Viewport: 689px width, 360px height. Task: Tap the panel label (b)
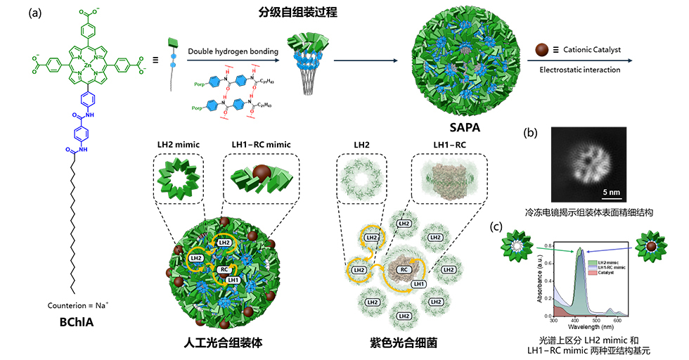click(x=532, y=132)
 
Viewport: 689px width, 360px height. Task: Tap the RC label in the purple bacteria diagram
click(x=403, y=269)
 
